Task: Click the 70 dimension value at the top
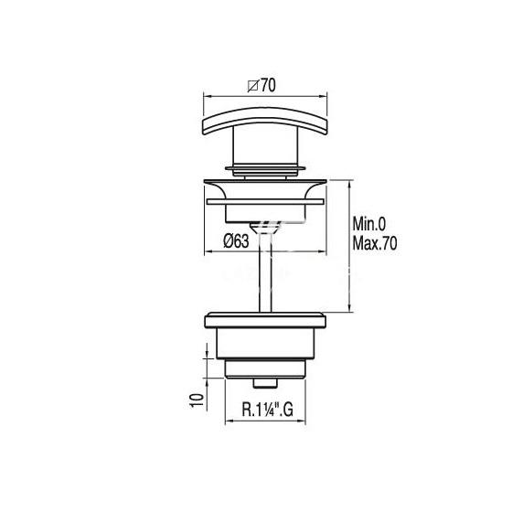(x=268, y=85)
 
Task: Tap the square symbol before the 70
(x=253, y=86)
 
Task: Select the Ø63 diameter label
(x=236, y=241)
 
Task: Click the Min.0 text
(x=369, y=224)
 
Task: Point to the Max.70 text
(x=375, y=243)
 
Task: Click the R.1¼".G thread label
(x=267, y=410)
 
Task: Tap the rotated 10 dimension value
(x=197, y=400)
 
